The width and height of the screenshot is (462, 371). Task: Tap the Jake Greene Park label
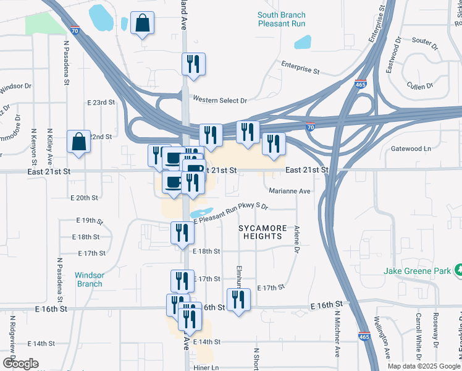418,270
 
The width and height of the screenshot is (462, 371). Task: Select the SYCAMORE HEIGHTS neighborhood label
262,232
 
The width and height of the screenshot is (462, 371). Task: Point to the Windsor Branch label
89,279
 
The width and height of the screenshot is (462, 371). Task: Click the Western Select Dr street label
219,100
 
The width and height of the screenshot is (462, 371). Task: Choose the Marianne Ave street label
287,192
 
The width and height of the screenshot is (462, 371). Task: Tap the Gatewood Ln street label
411,149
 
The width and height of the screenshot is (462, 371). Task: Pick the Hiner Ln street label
206,367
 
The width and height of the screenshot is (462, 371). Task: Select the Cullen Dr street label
421,85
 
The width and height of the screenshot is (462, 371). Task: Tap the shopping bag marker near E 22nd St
80,142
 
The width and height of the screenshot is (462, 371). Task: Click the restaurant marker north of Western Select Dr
193,64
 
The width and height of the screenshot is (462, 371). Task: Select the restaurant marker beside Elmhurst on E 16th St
238,300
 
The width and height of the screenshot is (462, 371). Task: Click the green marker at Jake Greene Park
458,270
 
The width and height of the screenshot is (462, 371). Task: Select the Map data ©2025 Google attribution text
424,366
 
